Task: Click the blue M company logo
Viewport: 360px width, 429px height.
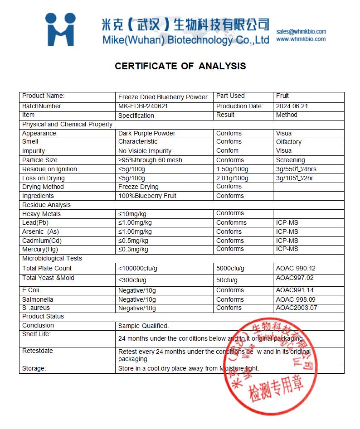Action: click(60, 29)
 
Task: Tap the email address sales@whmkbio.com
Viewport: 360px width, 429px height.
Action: click(301, 31)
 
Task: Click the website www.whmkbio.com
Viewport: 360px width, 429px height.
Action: click(301, 39)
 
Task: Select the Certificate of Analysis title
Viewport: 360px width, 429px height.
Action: click(180, 66)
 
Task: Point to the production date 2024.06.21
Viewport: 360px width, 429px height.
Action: click(292, 106)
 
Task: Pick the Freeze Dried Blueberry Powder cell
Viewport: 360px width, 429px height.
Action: click(163, 97)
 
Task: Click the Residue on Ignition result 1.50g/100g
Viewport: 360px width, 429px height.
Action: click(232, 169)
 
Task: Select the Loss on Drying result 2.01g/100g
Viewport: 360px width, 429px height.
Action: click(232, 178)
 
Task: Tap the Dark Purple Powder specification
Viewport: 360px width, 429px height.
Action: click(146, 133)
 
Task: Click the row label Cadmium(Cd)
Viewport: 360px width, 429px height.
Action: click(42, 241)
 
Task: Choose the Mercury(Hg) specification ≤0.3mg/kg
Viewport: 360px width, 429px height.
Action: click(133, 249)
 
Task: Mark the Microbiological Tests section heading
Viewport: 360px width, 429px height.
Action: click(52, 258)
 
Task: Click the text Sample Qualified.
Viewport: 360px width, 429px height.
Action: click(143, 326)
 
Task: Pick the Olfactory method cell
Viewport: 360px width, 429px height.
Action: click(288, 142)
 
